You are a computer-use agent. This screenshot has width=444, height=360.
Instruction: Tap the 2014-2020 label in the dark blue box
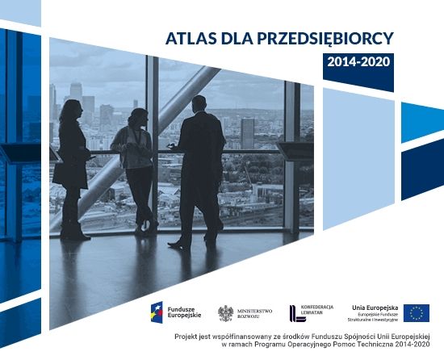pyautogui.click(x=358, y=62)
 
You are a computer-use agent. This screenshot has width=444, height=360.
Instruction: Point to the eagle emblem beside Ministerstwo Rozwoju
pyautogui.click(x=226, y=313)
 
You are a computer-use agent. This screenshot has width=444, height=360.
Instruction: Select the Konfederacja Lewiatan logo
pyautogui.click(x=309, y=312)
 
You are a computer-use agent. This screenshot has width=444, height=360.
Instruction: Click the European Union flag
pyautogui.click(x=417, y=313)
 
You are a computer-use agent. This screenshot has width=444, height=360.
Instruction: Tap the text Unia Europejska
pyautogui.click(x=373, y=308)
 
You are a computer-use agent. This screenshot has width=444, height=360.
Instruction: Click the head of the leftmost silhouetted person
pyautogui.click(x=72, y=108)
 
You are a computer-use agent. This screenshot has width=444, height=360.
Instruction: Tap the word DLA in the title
pyautogui.click(x=232, y=38)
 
